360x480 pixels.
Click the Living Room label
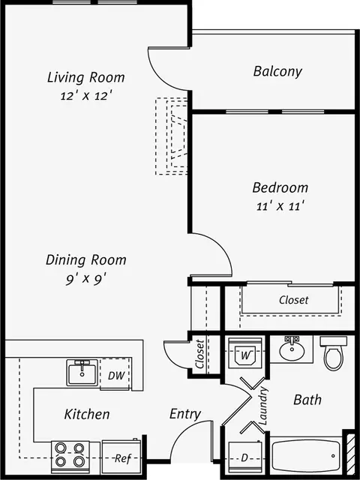coord(86,77)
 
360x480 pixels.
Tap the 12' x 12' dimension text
coord(85,96)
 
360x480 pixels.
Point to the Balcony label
coord(277,72)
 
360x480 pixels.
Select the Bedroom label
coord(280,187)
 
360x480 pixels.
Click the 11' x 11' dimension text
coord(280,206)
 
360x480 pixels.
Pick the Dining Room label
coord(86,260)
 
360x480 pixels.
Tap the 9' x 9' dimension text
coord(86,279)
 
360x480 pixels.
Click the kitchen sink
coord(82,373)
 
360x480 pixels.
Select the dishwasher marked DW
coord(115,374)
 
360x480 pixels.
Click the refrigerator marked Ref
coord(121,457)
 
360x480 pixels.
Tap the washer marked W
coord(245,353)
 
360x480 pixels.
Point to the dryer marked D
coord(245,457)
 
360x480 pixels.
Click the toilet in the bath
coord(333,353)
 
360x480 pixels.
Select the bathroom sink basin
coord(292,351)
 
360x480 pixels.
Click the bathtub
coord(306,456)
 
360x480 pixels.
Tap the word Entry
coord(185,415)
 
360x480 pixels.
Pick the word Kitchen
coord(87,414)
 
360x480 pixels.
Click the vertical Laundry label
coord(263,406)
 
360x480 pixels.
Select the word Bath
coord(307,400)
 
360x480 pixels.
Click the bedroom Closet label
coord(293,300)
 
